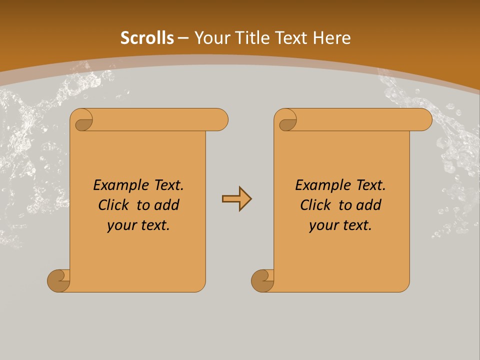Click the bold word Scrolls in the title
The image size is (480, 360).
(147, 38)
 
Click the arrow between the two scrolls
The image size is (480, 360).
(236, 199)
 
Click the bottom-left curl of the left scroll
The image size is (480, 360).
(59, 280)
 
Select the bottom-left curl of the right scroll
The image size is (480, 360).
(263, 280)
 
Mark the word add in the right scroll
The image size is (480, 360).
(370, 205)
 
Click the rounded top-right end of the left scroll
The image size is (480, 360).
(220, 120)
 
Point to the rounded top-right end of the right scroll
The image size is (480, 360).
(424, 120)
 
